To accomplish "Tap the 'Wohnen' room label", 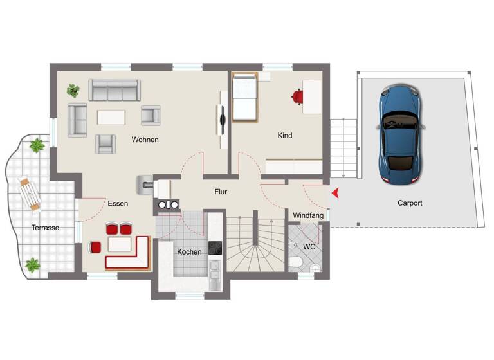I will point(145,139).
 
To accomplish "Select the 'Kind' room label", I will point(284,136).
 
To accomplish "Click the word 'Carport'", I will point(410,203).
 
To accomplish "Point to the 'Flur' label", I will point(221,192).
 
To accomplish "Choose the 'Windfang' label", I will point(308,215).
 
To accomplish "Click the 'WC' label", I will point(309,246).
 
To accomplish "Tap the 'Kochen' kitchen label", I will point(189,252).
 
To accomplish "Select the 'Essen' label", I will point(118,203).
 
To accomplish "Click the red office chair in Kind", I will point(297,96).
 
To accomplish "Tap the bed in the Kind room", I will point(244,98).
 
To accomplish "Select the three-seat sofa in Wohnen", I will point(114,90).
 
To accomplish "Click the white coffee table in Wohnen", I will point(112,117).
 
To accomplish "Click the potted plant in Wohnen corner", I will point(73,90).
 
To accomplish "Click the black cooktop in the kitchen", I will point(215,248).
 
